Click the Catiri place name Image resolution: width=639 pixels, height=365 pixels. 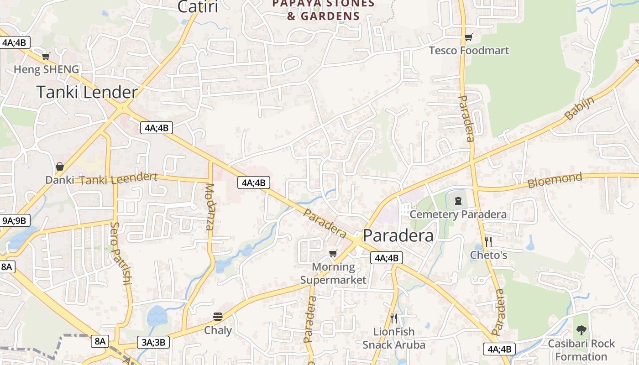pyautogui.click(x=197, y=6)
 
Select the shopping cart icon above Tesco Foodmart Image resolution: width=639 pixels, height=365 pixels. pyautogui.click(x=468, y=37)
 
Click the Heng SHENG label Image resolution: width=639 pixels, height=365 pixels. pyautogui.click(x=46, y=69)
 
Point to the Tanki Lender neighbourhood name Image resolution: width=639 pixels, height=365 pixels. pyautogui.click(x=87, y=92)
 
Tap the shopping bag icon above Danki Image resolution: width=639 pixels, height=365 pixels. pyautogui.click(x=59, y=167)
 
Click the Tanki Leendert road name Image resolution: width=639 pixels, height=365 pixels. pyautogui.click(x=118, y=178)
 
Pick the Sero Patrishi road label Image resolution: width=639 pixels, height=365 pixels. pyautogui.click(x=121, y=253)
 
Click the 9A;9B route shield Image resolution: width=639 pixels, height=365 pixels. pyautogui.click(x=15, y=221)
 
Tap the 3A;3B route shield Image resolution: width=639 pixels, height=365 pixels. pyautogui.click(x=153, y=342)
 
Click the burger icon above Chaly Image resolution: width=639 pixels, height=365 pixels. pyautogui.click(x=218, y=317)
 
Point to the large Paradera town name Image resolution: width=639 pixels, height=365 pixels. pyautogui.click(x=398, y=235)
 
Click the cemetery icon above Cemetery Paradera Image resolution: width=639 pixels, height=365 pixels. pyautogui.click(x=458, y=200)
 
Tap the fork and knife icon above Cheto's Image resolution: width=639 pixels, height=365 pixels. pyautogui.click(x=488, y=241)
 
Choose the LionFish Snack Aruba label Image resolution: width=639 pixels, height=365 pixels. pyautogui.click(x=394, y=338)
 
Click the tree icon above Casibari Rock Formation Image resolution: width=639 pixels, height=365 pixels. pyautogui.click(x=581, y=330)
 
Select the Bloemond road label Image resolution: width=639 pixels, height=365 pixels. pyautogui.click(x=555, y=180)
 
